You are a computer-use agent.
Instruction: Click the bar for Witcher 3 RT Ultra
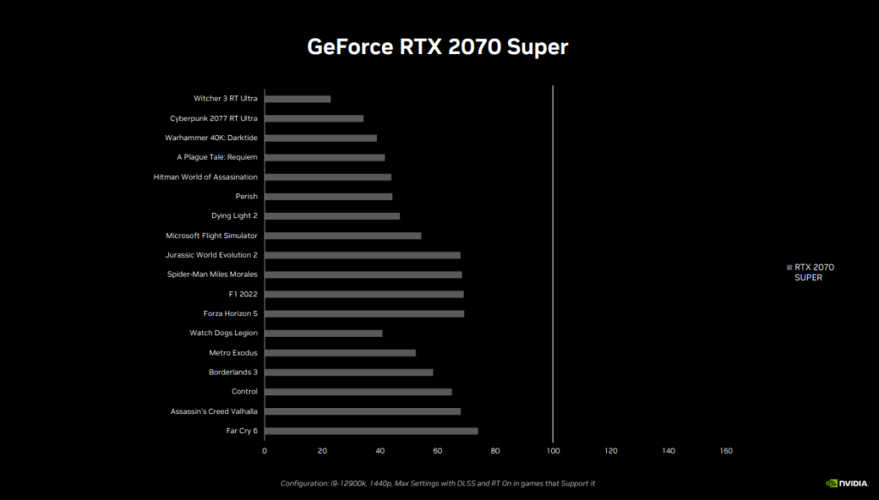click(298, 99)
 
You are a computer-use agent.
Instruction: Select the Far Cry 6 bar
click(371, 431)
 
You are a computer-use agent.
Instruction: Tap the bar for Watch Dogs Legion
click(324, 333)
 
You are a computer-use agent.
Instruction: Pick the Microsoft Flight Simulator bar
click(343, 235)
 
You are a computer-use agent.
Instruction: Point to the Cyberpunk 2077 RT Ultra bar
click(314, 119)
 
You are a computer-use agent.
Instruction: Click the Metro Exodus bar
click(340, 353)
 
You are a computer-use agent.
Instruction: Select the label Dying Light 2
click(234, 216)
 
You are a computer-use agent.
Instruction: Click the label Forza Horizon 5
click(230, 314)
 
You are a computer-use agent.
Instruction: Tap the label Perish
click(246, 197)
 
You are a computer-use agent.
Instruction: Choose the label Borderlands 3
click(233, 372)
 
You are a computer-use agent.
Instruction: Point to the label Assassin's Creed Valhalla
click(214, 412)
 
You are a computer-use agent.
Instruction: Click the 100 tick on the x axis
click(553, 451)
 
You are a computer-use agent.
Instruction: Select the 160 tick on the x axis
click(726, 451)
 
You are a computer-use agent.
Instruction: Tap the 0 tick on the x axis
click(264, 451)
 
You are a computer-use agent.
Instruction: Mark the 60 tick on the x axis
click(437, 451)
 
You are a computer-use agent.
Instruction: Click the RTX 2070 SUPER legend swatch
click(790, 268)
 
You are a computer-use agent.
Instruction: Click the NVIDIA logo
click(846, 483)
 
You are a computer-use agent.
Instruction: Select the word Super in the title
click(537, 47)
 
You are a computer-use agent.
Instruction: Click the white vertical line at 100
click(553, 264)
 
